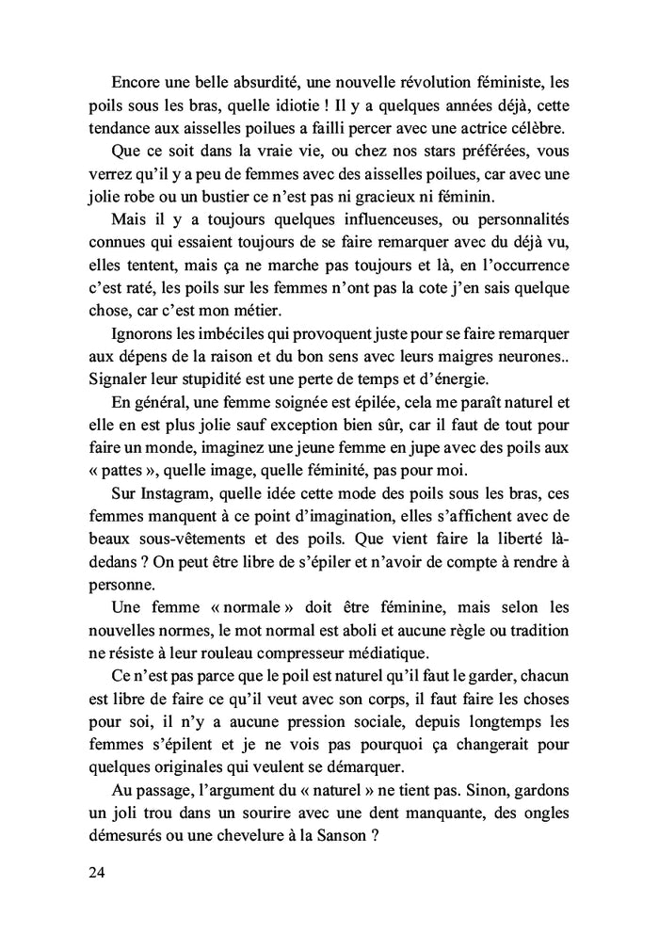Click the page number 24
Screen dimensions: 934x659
pos(94,872)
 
